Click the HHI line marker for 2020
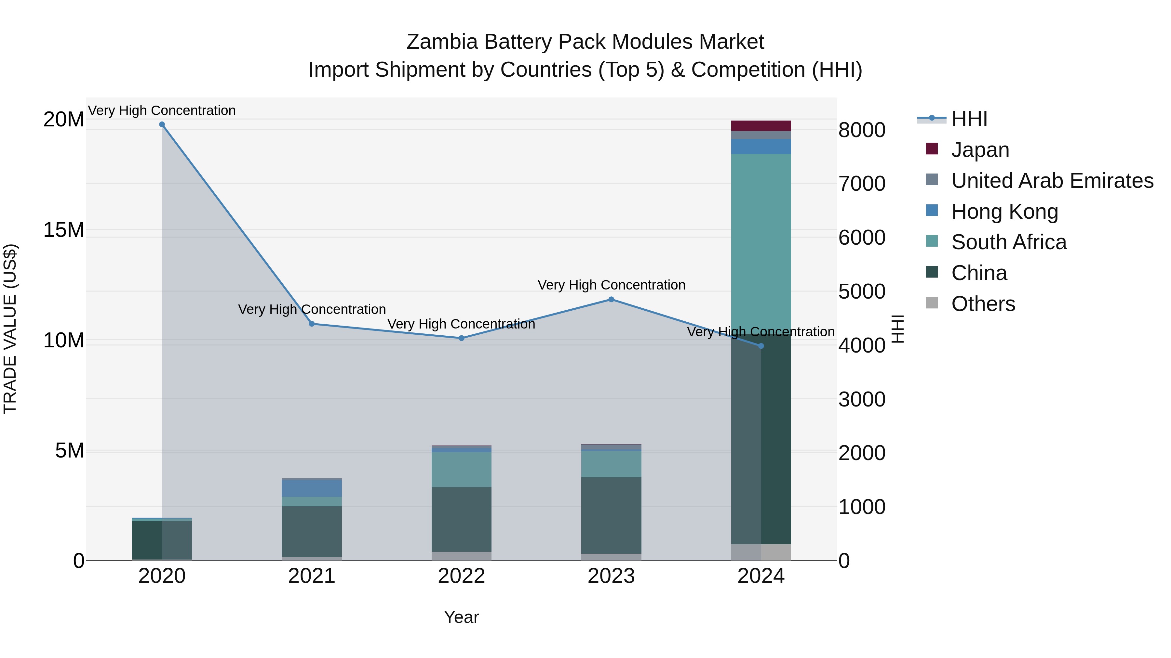tap(162, 124)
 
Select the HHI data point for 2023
tap(611, 299)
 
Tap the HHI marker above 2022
tap(461, 338)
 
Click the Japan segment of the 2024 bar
tap(761, 126)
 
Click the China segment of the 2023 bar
tap(611, 515)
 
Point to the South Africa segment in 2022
tap(461, 470)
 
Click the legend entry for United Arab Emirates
tap(1052, 181)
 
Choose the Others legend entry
tap(983, 304)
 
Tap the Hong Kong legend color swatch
tap(932, 211)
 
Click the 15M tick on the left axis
tap(64, 230)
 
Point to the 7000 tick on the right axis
tap(861, 184)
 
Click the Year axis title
tap(461, 617)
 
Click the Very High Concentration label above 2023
tap(611, 285)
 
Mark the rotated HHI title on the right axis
tap(897, 329)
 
